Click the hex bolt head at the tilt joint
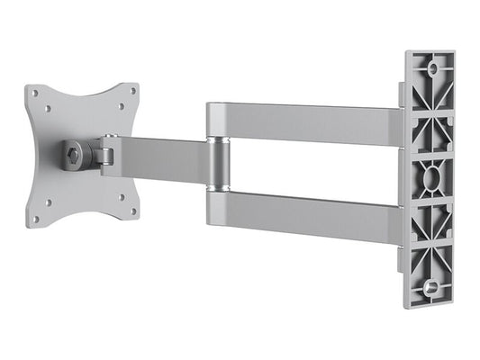pos(73,156)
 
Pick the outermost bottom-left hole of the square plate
pos(36,219)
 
